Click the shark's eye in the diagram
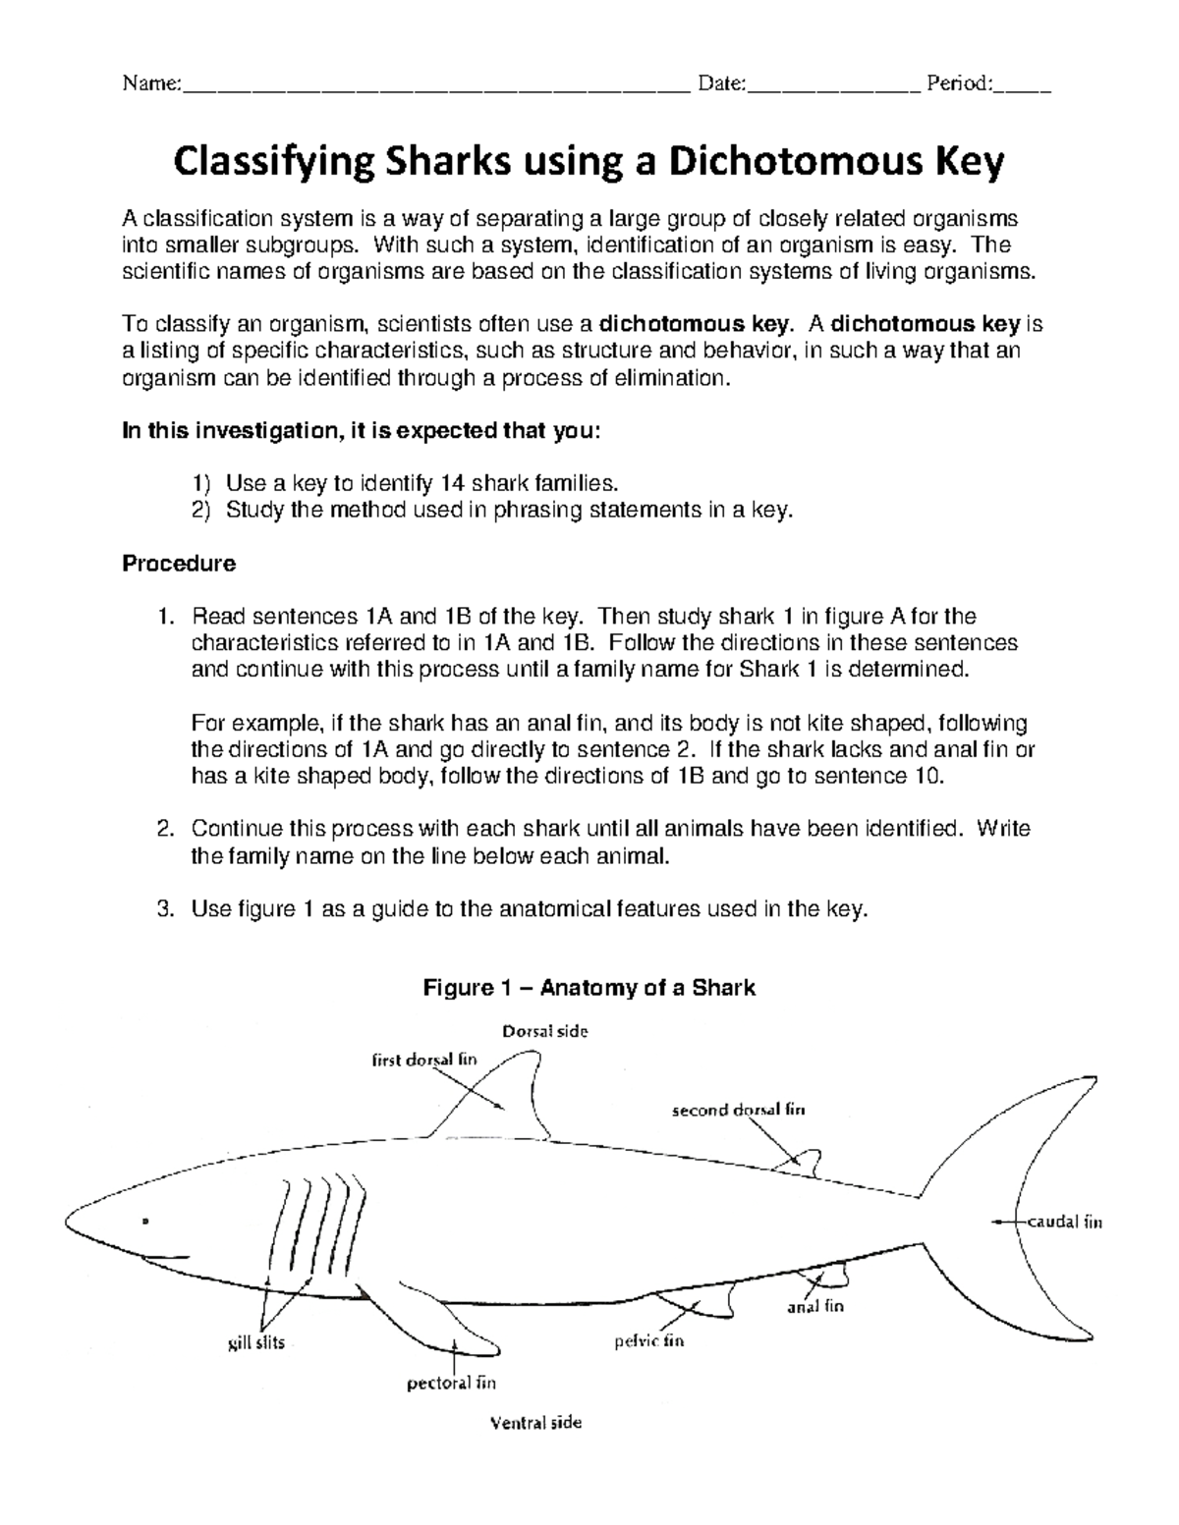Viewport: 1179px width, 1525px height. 145,1222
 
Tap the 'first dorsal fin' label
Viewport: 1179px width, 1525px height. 423,1060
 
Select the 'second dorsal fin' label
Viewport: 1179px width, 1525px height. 738,1111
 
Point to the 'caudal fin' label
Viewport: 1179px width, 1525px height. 1065,1222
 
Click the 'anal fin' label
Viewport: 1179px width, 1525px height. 815,1307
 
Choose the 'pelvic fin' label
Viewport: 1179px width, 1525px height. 648,1340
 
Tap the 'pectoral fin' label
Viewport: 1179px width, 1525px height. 451,1384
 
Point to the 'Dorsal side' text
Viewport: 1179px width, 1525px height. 545,1031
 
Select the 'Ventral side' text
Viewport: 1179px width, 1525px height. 535,1422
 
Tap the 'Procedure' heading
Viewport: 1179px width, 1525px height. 178,564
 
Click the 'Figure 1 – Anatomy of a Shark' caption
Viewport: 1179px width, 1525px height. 589,988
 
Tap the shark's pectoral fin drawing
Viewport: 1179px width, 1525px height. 432,1316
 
